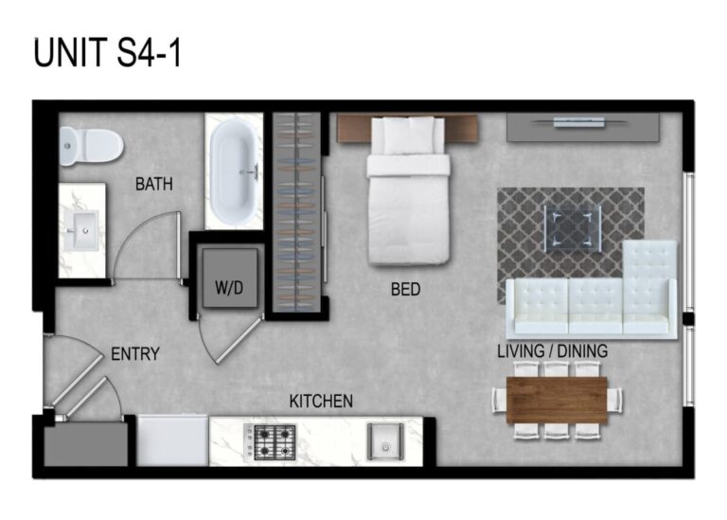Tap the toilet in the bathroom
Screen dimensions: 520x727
point(91,145)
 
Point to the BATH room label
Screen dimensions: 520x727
point(153,185)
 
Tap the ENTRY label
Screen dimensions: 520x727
point(135,355)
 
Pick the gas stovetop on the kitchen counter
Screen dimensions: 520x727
point(275,441)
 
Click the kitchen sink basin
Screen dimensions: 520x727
point(384,441)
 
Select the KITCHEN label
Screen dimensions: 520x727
point(321,402)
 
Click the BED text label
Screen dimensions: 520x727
point(405,290)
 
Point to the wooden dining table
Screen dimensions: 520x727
point(557,399)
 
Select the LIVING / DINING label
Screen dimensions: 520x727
point(552,351)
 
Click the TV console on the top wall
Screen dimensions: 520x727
point(581,127)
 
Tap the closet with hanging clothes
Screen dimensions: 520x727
point(297,210)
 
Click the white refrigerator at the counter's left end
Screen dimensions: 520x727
point(173,441)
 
